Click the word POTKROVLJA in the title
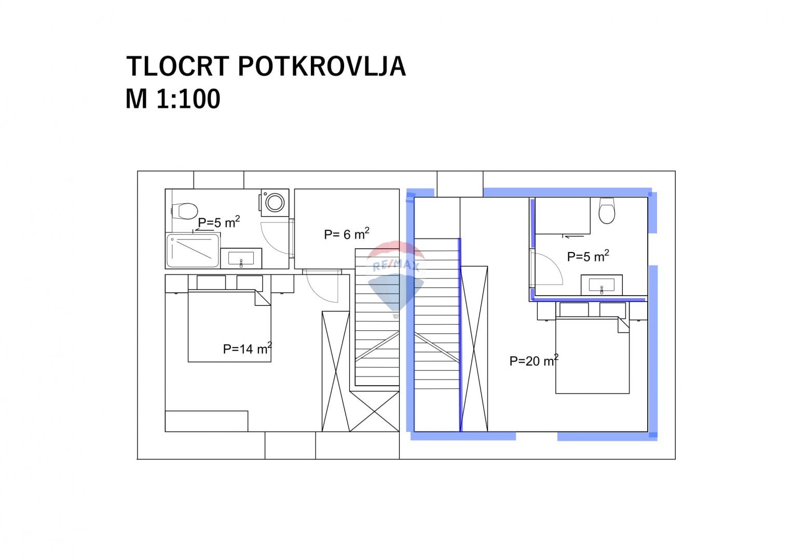(x=321, y=66)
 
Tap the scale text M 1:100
(x=173, y=99)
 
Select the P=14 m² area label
(x=247, y=348)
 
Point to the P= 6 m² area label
(x=346, y=234)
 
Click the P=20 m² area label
(x=534, y=360)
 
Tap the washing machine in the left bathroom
(x=274, y=201)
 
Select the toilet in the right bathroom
(x=606, y=211)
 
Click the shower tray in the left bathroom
(x=193, y=250)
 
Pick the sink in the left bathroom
(x=241, y=258)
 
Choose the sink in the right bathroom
(x=601, y=285)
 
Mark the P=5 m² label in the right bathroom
(x=587, y=256)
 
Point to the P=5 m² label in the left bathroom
(x=218, y=222)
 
